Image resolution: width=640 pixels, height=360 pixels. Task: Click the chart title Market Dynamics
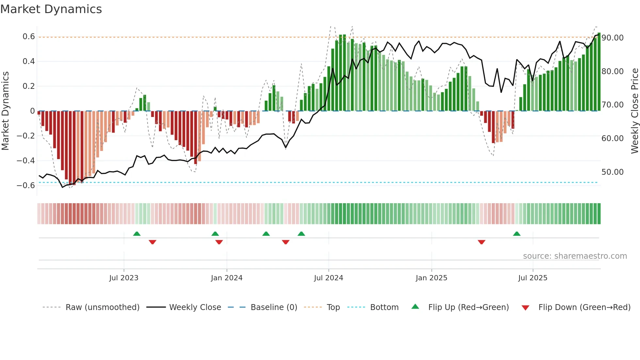point(51,9)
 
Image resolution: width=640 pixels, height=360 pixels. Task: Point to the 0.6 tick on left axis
point(29,37)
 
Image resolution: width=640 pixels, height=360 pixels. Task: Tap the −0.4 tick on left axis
point(26,161)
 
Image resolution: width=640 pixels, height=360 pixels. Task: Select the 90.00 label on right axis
point(613,38)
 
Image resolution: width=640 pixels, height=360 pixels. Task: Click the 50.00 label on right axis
point(613,172)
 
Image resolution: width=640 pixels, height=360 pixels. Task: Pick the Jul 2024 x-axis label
point(328,278)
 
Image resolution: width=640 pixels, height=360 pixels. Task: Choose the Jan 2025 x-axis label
point(431,278)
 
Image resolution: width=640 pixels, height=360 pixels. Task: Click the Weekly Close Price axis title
point(634,111)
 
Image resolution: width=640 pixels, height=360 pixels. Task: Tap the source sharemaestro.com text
point(575,256)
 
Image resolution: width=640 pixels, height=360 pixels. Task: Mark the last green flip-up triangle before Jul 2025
point(517,234)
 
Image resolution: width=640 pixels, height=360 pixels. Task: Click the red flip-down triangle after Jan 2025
point(481,242)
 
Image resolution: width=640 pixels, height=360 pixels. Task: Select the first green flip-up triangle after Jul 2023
point(137,234)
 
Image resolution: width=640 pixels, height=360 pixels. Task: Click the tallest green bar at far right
point(599,72)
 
